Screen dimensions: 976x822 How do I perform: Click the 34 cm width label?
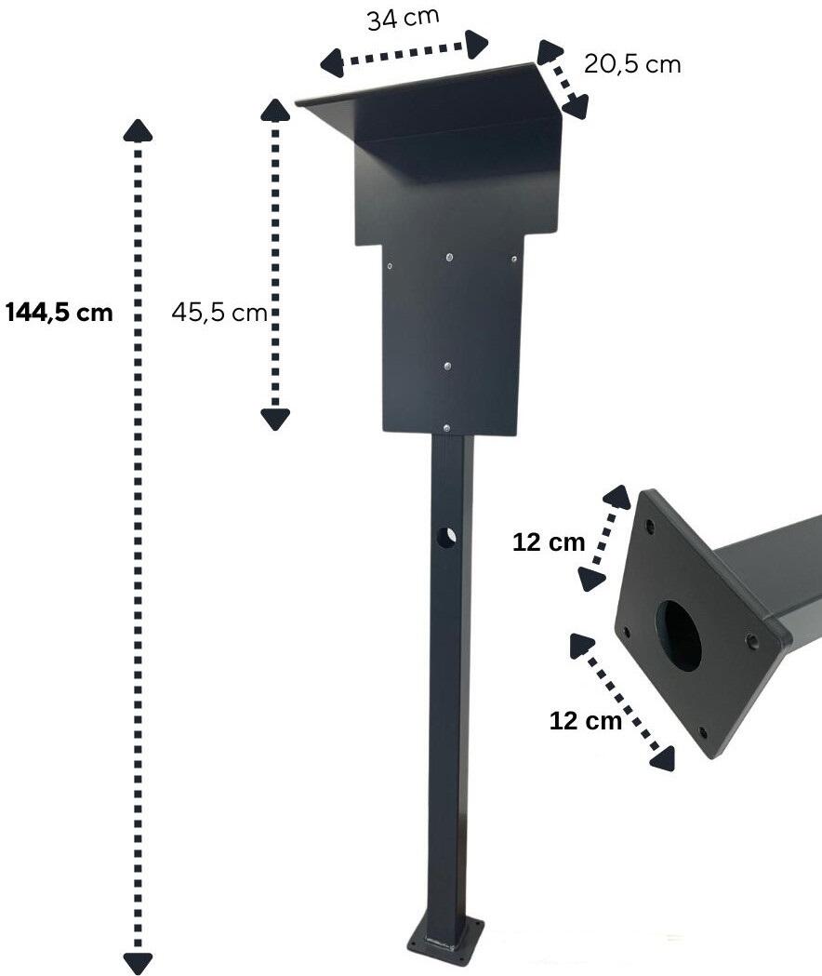pyautogui.click(x=402, y=18)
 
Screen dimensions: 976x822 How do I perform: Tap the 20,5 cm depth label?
pyautogui.click(x=632, y=64)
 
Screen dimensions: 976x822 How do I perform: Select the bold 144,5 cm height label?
pyautogui.click(x=59, y=312)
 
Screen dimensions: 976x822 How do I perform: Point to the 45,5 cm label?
pyautogui.click(x=219, y=313)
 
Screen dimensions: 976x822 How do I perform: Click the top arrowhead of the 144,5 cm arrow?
pyautogui.click(x=138, y=130)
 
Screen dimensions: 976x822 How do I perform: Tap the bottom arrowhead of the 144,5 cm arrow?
pyautogui.click(x=138, y=963)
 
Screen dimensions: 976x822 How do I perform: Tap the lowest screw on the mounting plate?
pyautogui.click(x=448, y=428)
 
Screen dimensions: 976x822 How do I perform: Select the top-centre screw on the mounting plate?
pyautogui.click(x=450, y=257)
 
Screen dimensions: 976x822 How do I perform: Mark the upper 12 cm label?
pyautogui.click(x=549, y=542)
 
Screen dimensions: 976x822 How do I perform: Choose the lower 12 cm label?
pyautogui.click(x=585, y=719)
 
